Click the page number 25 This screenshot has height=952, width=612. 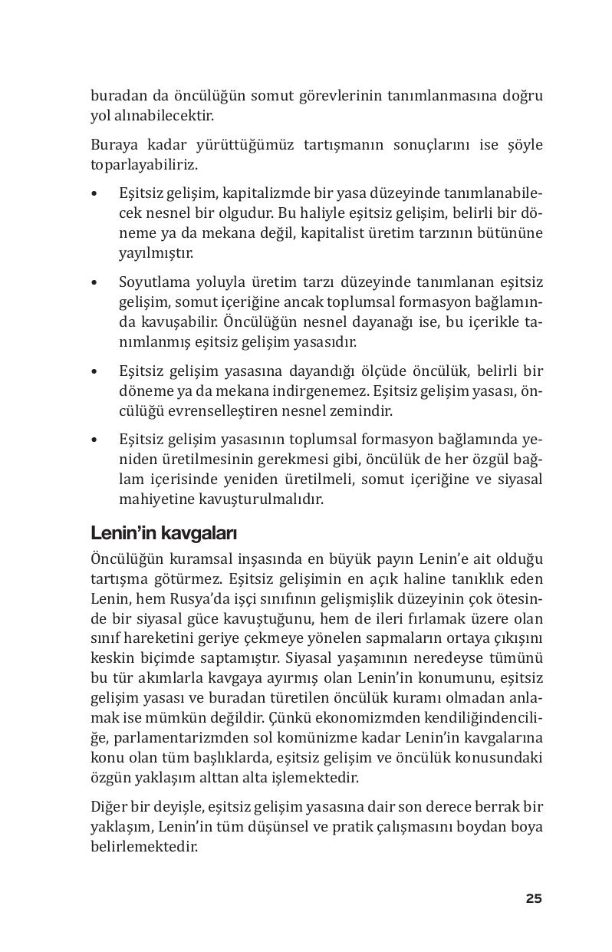point(534,898)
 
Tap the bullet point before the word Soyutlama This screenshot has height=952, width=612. point(94,282)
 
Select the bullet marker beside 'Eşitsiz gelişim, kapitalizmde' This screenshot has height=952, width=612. point(94,193)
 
